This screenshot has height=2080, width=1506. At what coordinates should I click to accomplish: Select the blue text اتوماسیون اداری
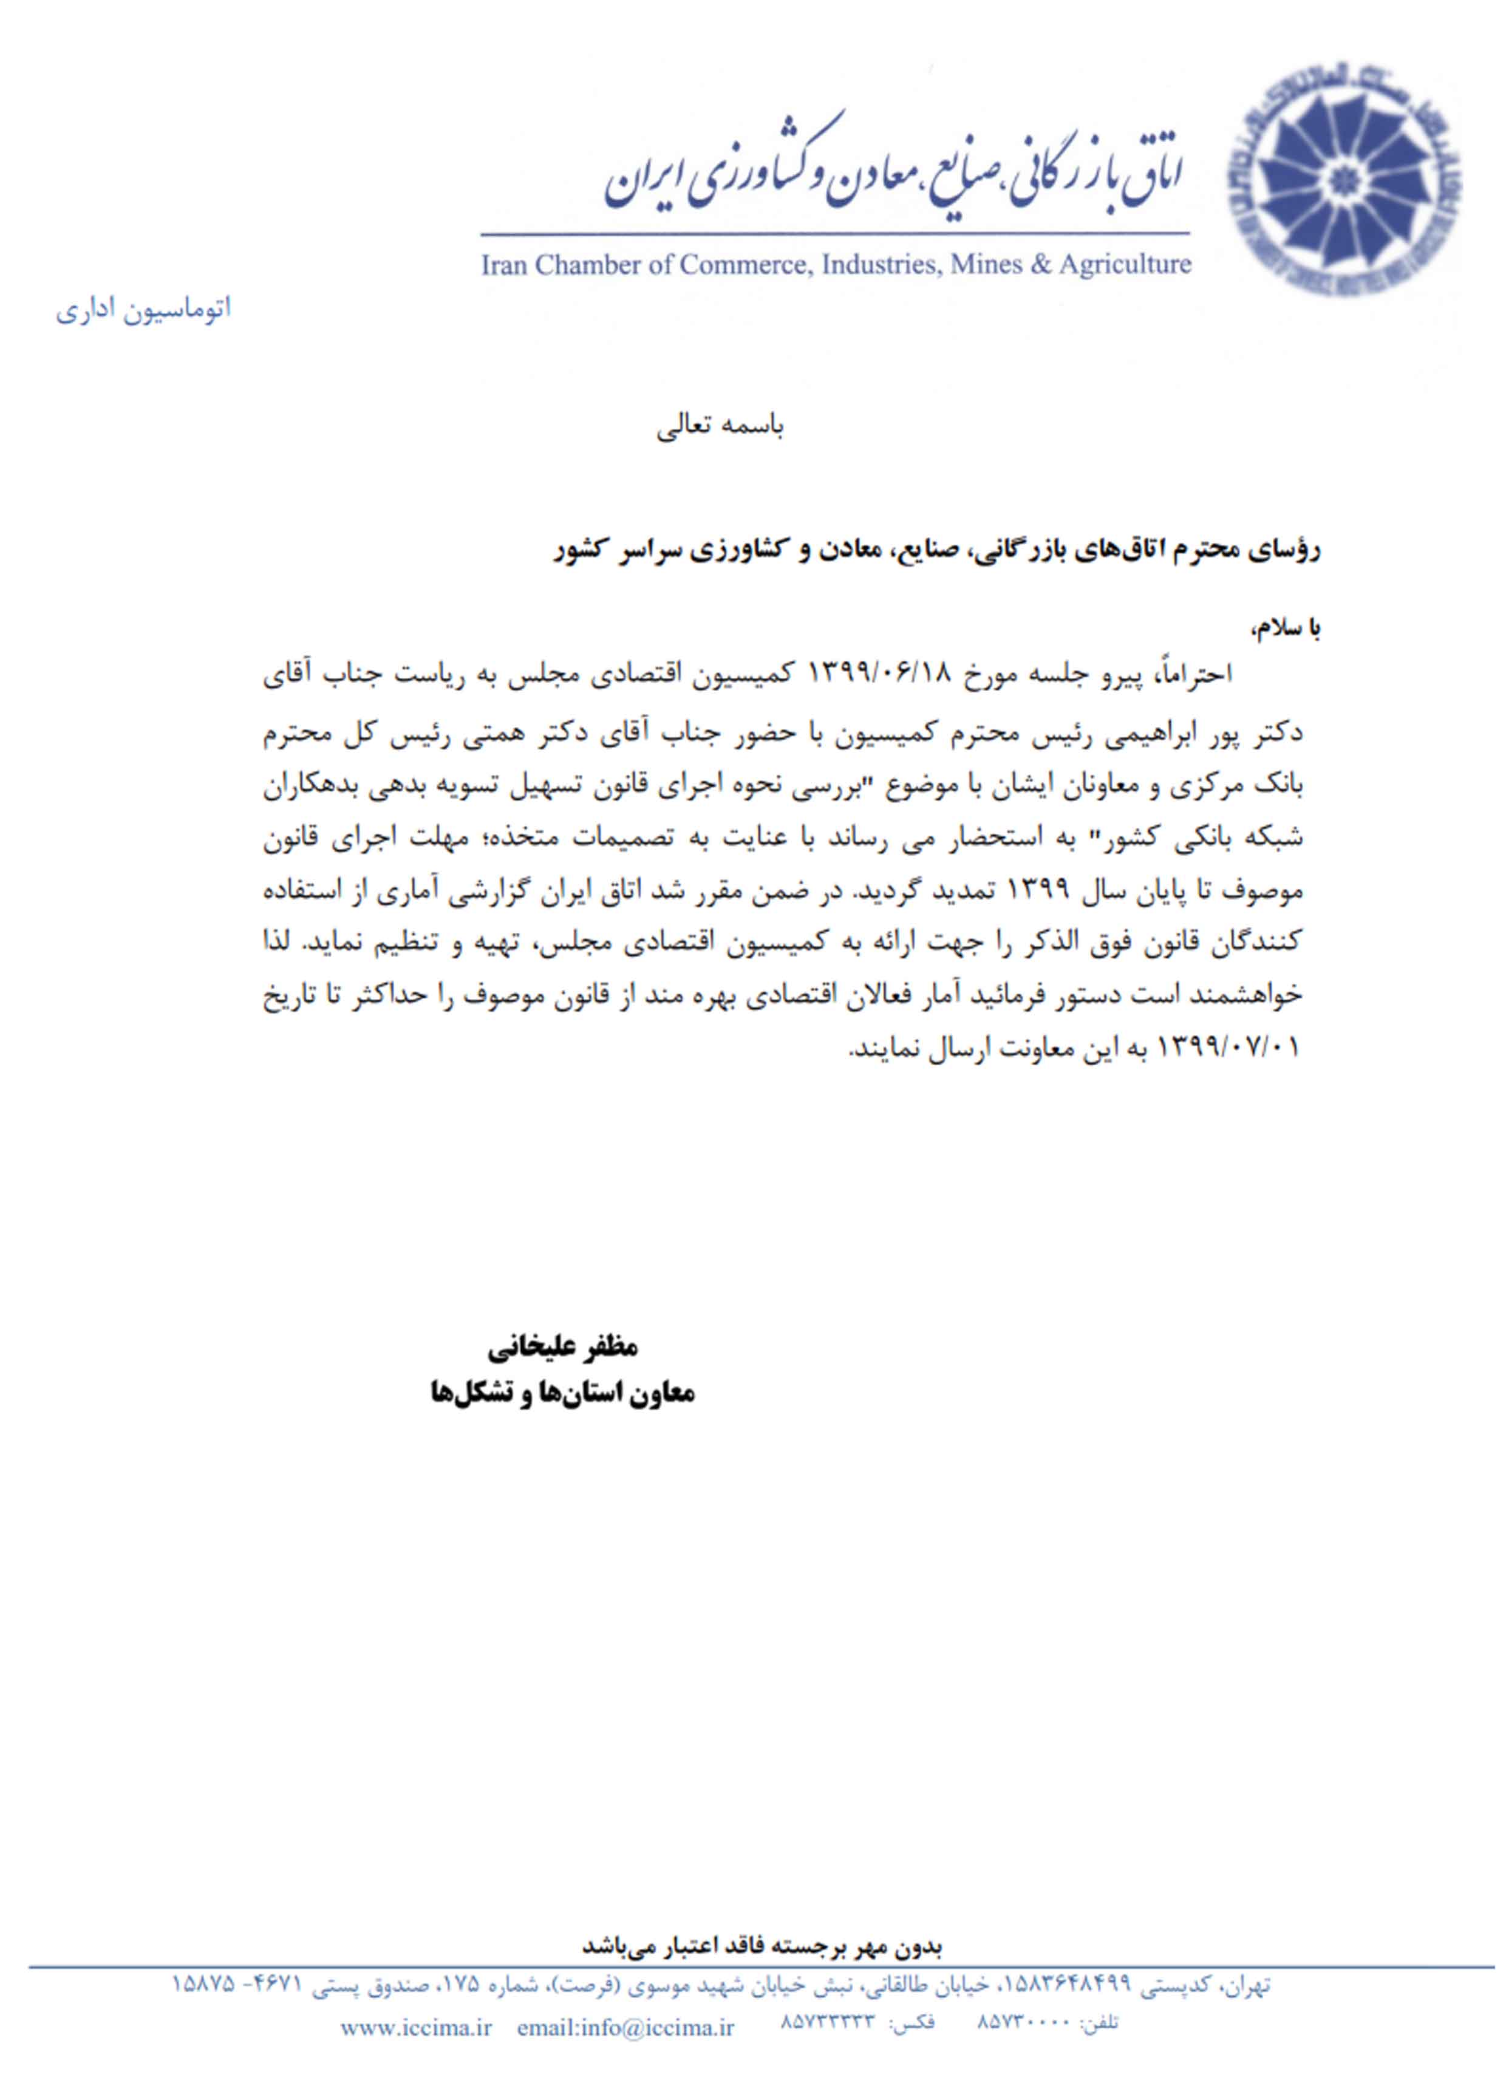tap(143, 309)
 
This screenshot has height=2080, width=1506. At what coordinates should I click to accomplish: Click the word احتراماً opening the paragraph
tap(1192, 675)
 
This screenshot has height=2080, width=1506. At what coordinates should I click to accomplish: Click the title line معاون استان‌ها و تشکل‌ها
tap(562, 1394)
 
